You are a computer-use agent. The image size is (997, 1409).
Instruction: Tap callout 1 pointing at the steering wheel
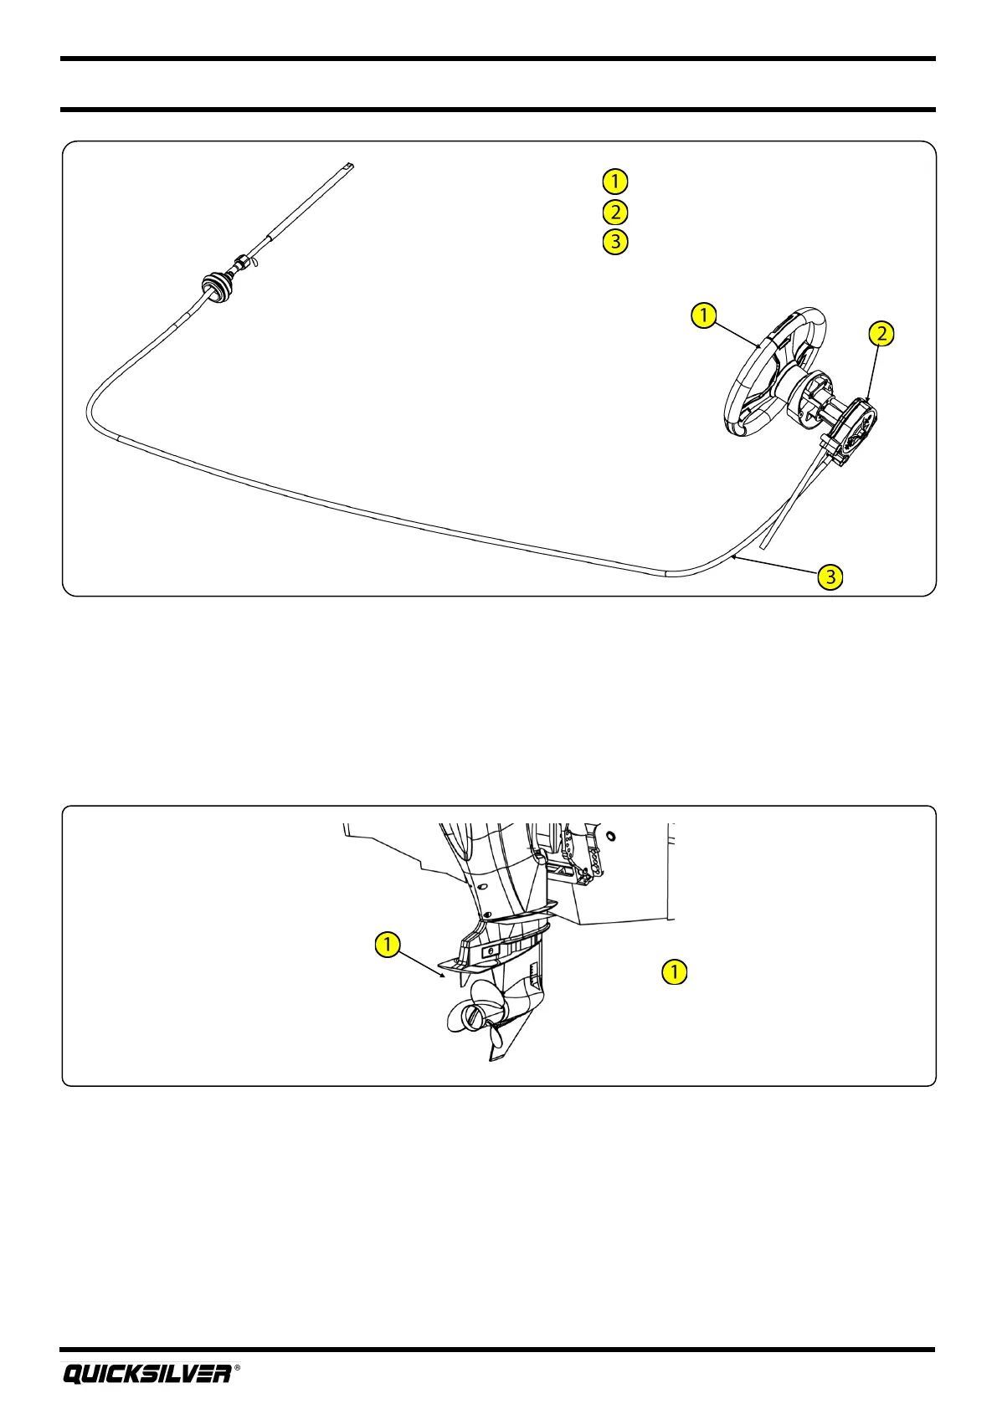pyautogui.click(x=703, y=315)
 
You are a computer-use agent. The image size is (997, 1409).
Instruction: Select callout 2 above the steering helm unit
pyautogui.click(x=881, y=334)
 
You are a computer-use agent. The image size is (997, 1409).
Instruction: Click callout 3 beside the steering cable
pyautogui.click(x=830, y=576)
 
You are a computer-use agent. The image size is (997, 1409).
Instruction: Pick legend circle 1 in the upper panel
pyautogui.click(x=614, y=181)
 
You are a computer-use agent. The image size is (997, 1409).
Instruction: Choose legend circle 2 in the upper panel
pyautogui.click(x=614, y=212)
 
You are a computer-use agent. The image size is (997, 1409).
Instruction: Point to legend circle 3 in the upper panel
pyautogui.click(x=614, y=242)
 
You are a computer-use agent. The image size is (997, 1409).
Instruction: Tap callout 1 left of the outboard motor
pyautogui.click(x=387, y=945)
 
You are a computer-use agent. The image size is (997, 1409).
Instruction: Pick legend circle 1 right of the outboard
pyautogui.click(x=674, y=971)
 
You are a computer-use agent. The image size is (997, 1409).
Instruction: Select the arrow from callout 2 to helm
pyautogui.click(x=873, y=373)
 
